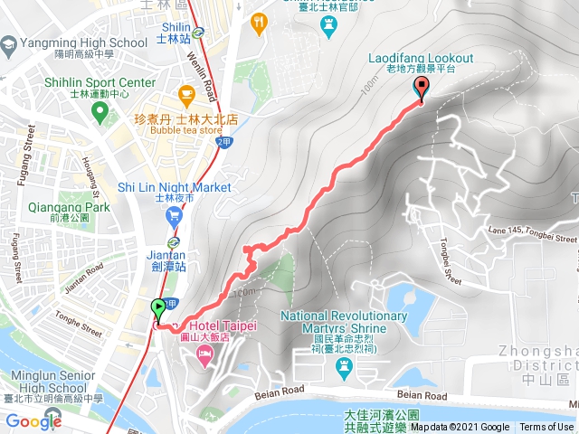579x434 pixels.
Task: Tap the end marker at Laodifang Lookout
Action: click(421, 88)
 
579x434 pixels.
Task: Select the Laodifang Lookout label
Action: click(421, 60)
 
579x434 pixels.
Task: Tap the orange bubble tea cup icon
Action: click(186, 93)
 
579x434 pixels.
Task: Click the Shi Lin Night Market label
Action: click(175, 187)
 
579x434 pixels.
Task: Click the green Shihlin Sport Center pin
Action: click(100, 112)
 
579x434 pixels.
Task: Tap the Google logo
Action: click(33, 420)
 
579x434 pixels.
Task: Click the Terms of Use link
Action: click(546, 428)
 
